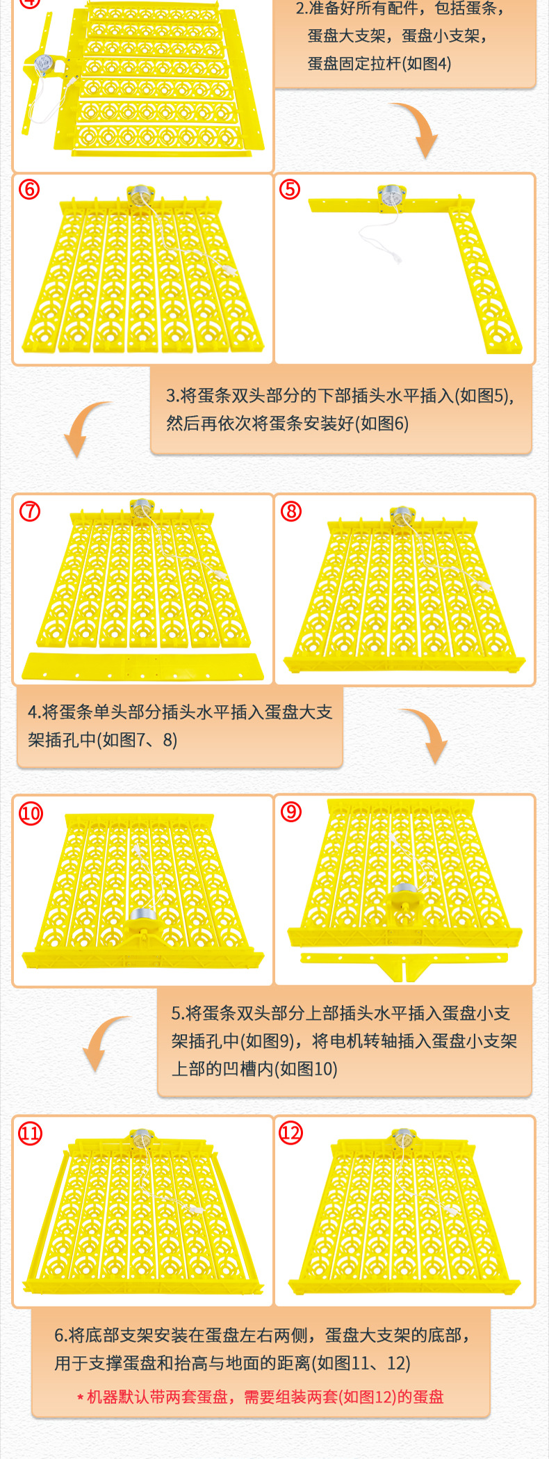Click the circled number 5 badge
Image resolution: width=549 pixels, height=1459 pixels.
tap(290, 189)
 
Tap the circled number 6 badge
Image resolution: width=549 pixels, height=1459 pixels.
tap(29, 189)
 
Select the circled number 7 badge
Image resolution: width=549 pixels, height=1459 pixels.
tap(29, 511)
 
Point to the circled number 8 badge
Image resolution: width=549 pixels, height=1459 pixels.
tap(290, 511)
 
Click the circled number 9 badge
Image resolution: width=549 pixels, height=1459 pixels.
tap(290, 811)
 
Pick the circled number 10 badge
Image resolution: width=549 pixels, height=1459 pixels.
tap(31, 813)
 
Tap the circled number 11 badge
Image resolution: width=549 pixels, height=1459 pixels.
tap(30, 1134)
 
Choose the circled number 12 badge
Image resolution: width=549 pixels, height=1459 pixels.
tap(290, 1134)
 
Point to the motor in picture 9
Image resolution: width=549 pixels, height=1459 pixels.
tap(404, 894)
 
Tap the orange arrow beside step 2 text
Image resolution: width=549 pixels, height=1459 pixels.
tap(417, 129)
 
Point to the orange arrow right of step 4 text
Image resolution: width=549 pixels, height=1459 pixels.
tap(427, 734)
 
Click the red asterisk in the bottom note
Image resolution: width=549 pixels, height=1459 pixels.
tap(80, 1397)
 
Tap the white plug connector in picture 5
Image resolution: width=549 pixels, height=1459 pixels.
tap(397, 258)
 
